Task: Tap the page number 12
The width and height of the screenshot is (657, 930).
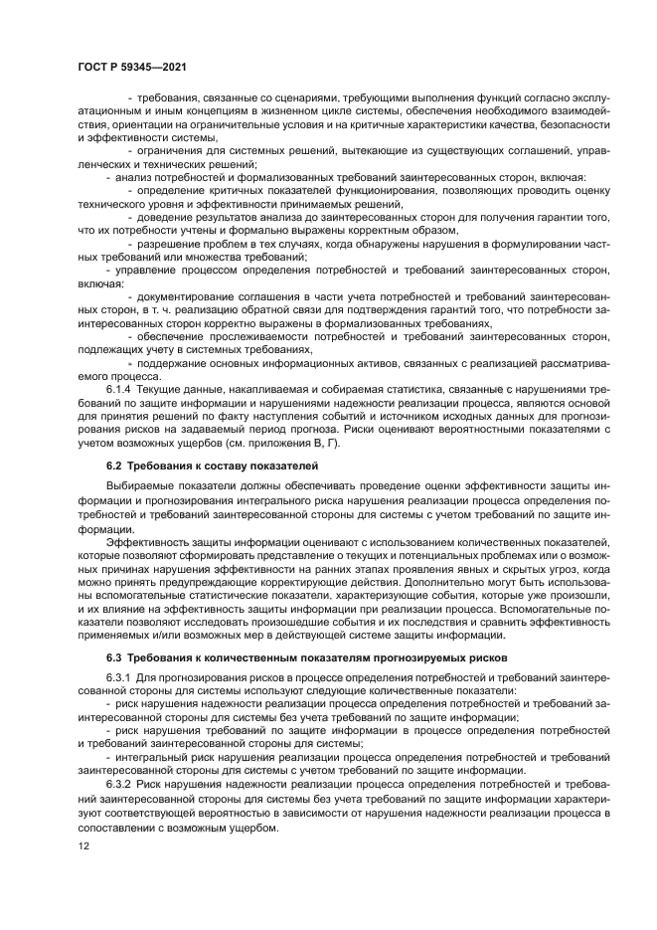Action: (x=84, y=846)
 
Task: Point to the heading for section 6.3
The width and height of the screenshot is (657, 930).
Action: (x=293, y=657)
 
